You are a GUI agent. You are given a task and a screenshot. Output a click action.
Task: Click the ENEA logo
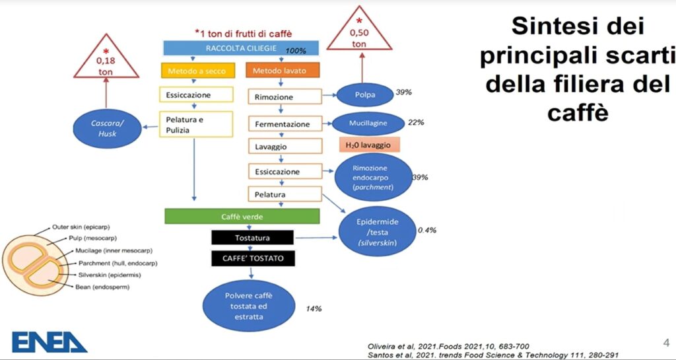tap(49, 342)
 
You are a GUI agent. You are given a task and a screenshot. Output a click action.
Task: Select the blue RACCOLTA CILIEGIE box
tap(241, 48)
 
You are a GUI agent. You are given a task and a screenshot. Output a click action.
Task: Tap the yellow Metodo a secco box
tap(198, 71)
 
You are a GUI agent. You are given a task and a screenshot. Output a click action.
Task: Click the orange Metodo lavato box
tap(283, 70)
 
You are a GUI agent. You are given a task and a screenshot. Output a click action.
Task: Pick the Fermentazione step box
tap(285, 124)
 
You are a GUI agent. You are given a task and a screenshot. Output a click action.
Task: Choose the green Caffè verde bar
tap(242, 216)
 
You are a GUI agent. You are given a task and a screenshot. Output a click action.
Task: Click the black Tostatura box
tap(252, 238)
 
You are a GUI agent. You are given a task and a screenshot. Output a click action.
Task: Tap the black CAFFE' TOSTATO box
tap(253, 259)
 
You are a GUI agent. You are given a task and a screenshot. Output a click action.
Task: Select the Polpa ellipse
tap(364, 95)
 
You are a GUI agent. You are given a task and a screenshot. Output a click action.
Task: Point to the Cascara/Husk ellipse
tap(107, 128)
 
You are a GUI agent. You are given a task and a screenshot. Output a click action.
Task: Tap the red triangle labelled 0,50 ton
tap(359, 30)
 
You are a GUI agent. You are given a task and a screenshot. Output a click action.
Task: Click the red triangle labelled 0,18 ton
tap(106, 57)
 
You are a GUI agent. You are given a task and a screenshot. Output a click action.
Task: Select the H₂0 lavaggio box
tap(370, 145)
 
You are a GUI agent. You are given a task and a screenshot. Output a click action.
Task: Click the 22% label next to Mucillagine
tap(416, 122)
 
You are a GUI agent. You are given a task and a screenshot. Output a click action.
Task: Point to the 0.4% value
tap(427, 231)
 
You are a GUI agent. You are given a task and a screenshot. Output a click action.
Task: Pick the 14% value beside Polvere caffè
tap(314, 308)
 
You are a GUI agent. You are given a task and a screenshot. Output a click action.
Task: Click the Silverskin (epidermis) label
tap(108, 275)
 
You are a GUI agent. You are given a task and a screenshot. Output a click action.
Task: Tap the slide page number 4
tap(665, 343)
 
